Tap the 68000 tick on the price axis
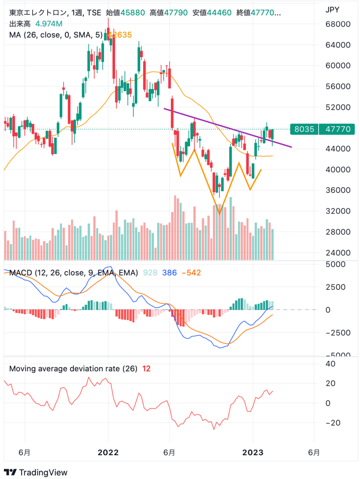tap(337, 24)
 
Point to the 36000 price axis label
tap(337, 190)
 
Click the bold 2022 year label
tap(108, 453)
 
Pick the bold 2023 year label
tap(253, 453)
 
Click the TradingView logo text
tap(43, 472)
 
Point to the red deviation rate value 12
tap(146, 369)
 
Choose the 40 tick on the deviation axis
tap(330, 364)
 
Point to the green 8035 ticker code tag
tap(304, 129)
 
